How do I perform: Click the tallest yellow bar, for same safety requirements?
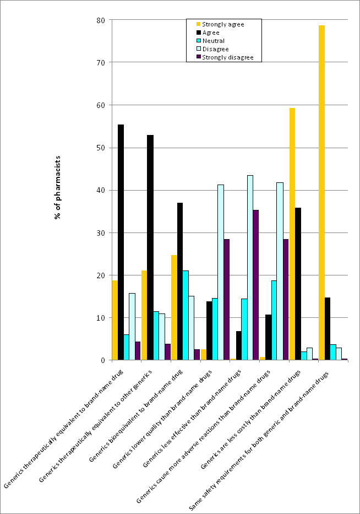[321, 193]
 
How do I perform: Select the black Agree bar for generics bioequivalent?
[179, 282]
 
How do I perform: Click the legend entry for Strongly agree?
[223, 24]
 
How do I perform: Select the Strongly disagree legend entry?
[227, 57]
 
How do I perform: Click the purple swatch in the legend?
[198, 57]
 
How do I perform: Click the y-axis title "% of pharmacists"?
[57, 187]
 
